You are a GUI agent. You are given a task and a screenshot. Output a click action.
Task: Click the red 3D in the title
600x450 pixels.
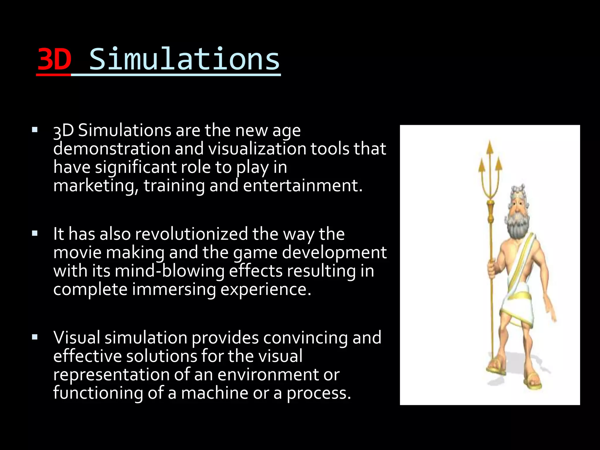pos(54,59)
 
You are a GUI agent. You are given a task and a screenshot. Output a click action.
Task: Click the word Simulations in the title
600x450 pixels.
pos(184,59)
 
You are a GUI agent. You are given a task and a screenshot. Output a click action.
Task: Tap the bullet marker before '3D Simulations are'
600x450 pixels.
pos(35,130)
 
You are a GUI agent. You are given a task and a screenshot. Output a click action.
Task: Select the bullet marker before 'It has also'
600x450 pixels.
pos(35,233)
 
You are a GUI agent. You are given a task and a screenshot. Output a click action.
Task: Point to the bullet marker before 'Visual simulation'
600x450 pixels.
pos(35,337)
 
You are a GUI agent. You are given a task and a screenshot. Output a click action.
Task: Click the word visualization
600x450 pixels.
pos(257,149)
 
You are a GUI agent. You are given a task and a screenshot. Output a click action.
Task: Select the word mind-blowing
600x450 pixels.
pos(170,271)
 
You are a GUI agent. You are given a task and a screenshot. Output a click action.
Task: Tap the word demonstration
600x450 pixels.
pos(112,149)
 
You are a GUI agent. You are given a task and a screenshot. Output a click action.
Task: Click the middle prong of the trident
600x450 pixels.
pos(490,152)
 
